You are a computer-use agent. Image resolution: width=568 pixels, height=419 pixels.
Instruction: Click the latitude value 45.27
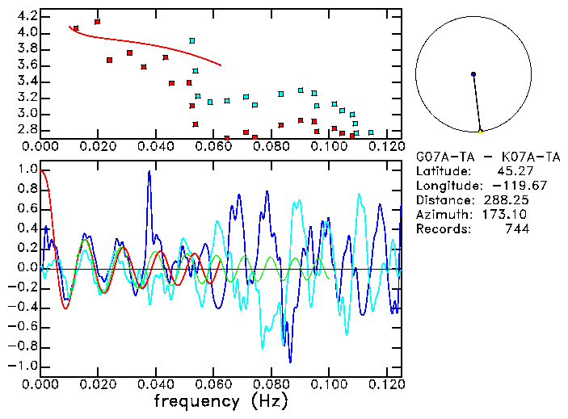point(513,171)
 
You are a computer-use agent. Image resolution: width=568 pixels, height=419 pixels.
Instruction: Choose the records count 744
point(516,229)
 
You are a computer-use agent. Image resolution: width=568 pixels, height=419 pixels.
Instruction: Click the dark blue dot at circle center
point(473,74)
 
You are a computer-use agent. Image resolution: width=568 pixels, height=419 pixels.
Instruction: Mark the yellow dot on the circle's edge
point(481,131)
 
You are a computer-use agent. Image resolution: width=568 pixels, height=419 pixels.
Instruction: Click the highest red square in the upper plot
point(98,22)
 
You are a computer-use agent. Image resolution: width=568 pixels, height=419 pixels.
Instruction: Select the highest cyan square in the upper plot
point(192,40)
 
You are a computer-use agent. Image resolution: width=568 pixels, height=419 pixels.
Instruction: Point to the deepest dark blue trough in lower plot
point(291,362)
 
